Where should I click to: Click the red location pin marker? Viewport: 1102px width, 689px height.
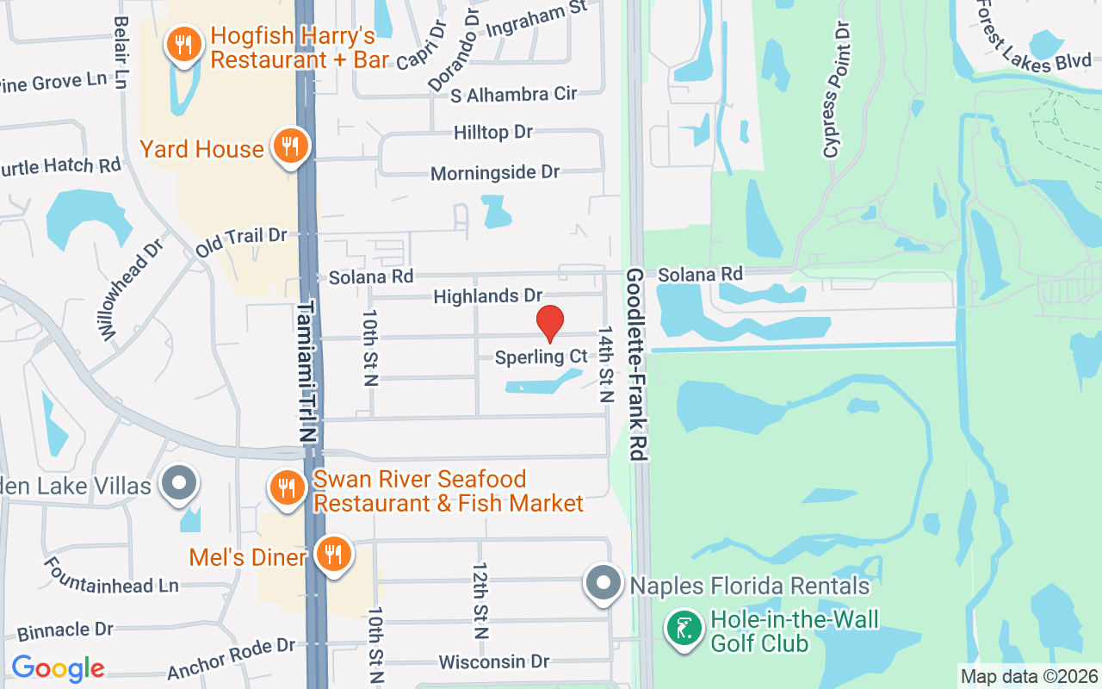pyautogui.click(x=549, y=324)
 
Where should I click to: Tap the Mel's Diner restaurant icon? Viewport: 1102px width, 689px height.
pyautogui.click(x=331, y=555)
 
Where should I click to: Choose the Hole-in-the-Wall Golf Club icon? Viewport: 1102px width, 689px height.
pyautogui.click(x=684, y=629)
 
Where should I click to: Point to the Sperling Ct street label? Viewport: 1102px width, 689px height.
pyautogui.click(x=541, y=357)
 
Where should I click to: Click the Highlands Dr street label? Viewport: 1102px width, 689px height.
pyautogui.click(x=487, y=296)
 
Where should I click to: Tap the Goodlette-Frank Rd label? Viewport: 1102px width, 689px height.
pyautogui.click(x=636, y=363)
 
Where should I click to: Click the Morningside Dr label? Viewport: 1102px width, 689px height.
pyautogui.click(x=495, y=172)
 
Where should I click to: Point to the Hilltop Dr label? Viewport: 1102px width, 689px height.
pyautogui.click(x=493, y=133)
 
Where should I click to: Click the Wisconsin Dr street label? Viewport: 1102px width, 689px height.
pyautogui.click(x=493, y=661)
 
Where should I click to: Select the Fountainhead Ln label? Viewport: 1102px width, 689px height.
pyautogui.click(x=111, y=576)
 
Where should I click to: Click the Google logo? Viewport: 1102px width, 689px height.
pyautogui.click(x=58, y=668)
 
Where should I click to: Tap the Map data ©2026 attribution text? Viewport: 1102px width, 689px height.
pyautogui.click(x=1030, y=677)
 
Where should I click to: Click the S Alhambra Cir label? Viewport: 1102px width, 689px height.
pyautogui.click(x=513, y=93)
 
